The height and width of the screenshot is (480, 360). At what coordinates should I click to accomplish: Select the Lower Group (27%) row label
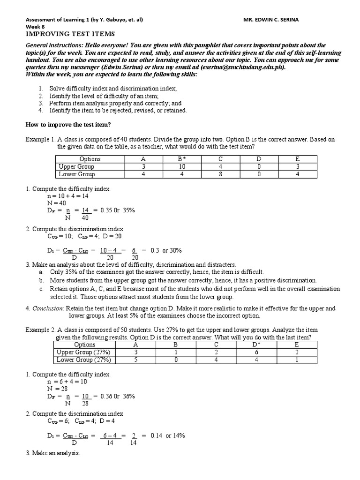[x=83, y=360]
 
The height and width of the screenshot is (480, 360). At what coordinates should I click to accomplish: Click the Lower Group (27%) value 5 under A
[x=135, y=360]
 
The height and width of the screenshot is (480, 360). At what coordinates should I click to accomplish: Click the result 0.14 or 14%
[x=168, y=435]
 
